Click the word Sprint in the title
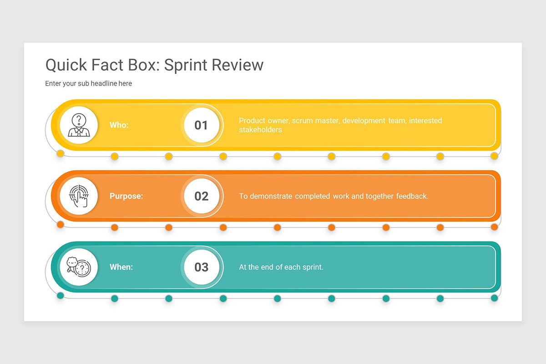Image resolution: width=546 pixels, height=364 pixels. coord(186,66)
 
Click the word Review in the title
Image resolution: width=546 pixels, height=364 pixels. coord(238,65)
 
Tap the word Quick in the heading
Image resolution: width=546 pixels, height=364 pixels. coord(66,65)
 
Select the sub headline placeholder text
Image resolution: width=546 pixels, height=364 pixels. coord(88,83)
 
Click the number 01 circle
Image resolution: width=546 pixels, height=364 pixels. coord(201,125)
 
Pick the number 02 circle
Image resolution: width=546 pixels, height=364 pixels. coord(201,196)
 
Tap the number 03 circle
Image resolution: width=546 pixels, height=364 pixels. coord(201,267)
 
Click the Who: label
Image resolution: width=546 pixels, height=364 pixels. coord(119,125)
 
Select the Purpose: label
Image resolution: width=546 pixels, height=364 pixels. coord(126,196)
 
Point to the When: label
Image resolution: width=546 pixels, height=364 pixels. coord(121,267)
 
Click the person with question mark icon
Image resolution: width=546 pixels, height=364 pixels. coord(79,125)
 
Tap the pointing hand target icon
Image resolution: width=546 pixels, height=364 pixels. coord(79,196)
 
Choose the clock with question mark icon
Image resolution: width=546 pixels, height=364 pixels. coord(79,267)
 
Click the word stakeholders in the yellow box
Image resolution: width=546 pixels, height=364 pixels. coord(260,130)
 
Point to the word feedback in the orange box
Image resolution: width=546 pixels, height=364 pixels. coord(412,196)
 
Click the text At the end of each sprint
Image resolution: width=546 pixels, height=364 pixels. coord(281,267)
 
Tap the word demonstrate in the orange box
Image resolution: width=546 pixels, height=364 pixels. coord(271,196)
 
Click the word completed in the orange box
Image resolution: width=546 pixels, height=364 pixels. coord(313,196)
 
